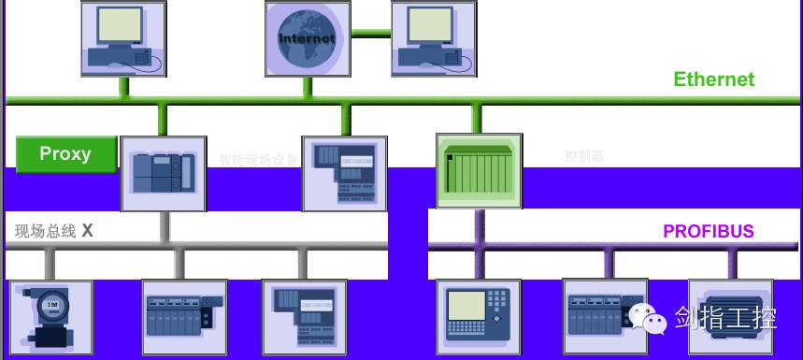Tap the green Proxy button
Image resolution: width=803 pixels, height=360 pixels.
[65, 154]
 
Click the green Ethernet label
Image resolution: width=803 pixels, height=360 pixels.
[713, 79]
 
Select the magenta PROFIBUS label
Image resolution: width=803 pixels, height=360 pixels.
[708, 232]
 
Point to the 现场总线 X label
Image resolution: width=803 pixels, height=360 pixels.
[54, 230]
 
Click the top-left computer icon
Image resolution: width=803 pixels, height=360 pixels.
[122, 38]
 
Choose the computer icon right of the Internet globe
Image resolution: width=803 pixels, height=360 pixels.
[432, 38]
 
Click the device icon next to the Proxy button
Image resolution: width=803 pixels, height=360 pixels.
[163, 174]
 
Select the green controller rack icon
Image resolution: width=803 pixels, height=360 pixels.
[479, 170]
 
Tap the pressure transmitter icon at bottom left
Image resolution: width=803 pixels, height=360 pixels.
[50, 317]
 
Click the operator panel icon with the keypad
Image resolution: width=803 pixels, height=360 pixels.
[479, 316]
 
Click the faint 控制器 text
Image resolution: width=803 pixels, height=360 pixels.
[585, 156]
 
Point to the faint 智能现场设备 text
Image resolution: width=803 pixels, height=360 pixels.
[259, 160]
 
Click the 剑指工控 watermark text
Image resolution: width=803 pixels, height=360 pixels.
[726, 318]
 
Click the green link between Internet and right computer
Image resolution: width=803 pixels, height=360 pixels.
[370, 34]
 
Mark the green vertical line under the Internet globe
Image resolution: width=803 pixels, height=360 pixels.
[307, 87]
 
